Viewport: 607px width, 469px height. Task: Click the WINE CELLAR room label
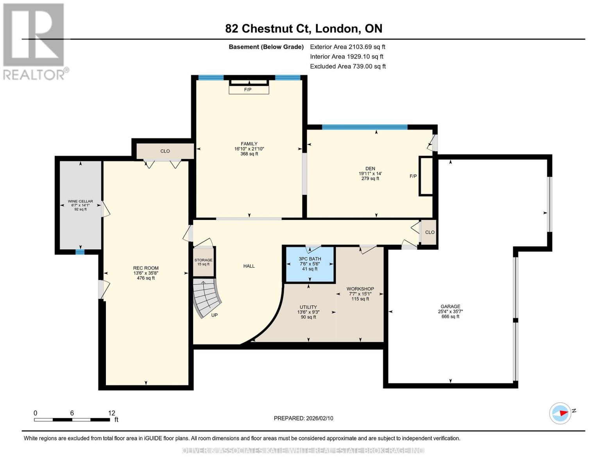[x=81, y=201]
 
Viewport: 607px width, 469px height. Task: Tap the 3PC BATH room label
[x=310, y=259]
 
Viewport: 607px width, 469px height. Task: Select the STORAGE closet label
[x=203, y=260]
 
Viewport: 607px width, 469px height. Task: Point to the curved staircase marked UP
[x=207, y=299]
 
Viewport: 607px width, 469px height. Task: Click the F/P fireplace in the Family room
[x=249, y=90]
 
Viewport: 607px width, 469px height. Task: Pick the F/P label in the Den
[x=413, y=176]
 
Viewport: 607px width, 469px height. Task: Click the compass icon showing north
[x=560, y=413]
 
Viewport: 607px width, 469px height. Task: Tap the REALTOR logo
[x=34, y=41]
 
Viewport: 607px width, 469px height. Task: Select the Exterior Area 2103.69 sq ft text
[x=347, y=47]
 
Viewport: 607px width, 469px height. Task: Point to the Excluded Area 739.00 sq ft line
[x=347, y=66]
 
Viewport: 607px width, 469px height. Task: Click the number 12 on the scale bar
[x=112, y=413]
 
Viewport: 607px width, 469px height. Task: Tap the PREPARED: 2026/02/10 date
[x=303, y=418]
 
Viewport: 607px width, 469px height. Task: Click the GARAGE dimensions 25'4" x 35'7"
[x=450, y=311]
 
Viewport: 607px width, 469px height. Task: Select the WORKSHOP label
[x=360, y=289]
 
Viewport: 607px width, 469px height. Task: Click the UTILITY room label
[x=308, y=307]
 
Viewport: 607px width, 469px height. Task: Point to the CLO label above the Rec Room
[x=165, y=151]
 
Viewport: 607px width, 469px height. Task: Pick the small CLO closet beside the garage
[x=430, y=232]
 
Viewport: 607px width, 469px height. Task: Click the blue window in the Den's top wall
[x=364, y=127]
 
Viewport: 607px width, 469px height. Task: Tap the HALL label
[x=249, y=266]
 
